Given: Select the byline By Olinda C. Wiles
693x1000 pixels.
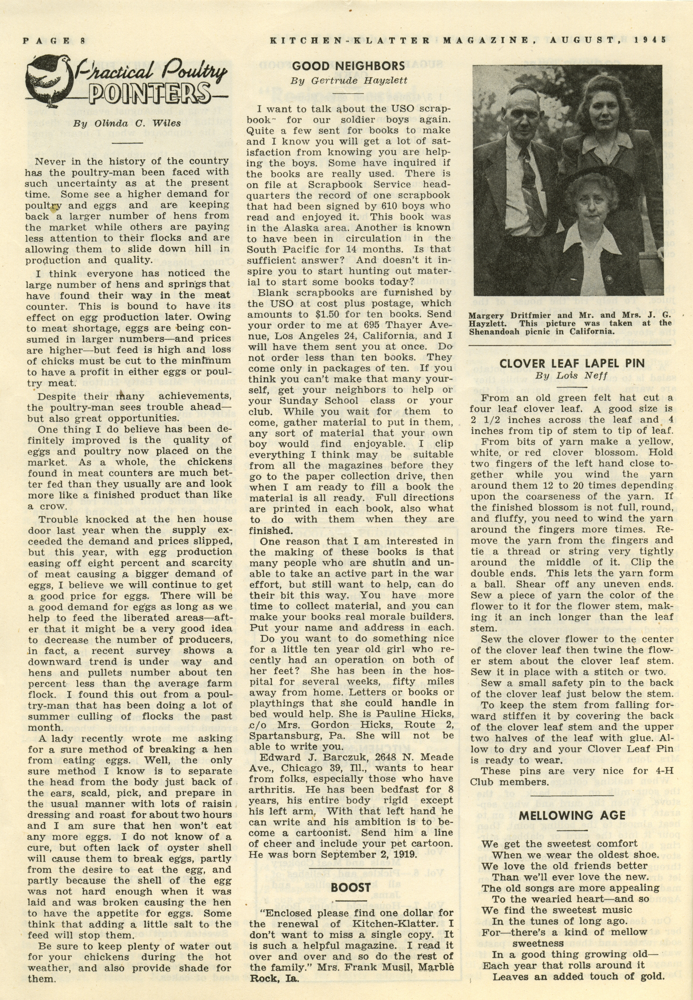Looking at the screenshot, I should pyautogui.click(x=127, y=123).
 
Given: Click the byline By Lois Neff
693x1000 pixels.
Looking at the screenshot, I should pyautogui.click(x=571, y=376).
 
